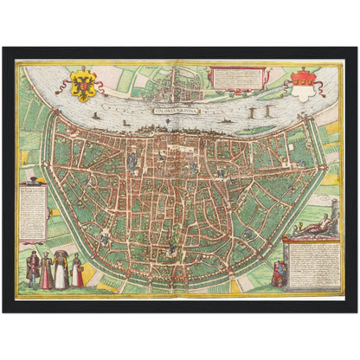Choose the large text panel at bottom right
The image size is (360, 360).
click(x=314, y=261)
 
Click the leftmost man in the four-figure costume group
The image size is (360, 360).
click(x=33, y=269)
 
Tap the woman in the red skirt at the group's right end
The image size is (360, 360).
click(x=77, y=270)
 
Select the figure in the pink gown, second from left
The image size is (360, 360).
click(x=47, y=270)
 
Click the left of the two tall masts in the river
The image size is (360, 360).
click(x=251, y=113)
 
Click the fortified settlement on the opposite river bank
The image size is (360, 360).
click(x=177, y=82)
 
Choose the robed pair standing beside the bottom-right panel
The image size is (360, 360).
click(x=279, y=273)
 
